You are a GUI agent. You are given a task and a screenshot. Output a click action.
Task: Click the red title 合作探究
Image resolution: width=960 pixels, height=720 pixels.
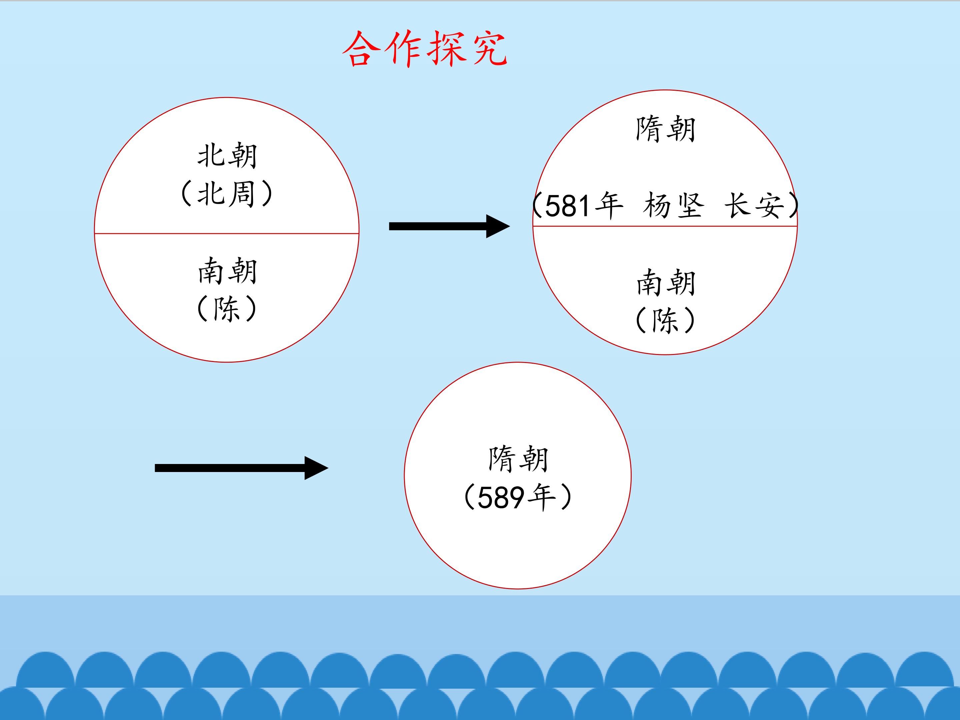click(x=424, y=49)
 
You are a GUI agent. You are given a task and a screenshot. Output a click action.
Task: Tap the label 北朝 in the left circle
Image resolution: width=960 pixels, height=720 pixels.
click(x=227, y=155)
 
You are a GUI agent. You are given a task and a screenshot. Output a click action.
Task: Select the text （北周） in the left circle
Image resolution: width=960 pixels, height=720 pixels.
click(x=227, y=194)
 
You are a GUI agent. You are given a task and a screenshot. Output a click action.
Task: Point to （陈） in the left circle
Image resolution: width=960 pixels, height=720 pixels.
click(x=227, y=309)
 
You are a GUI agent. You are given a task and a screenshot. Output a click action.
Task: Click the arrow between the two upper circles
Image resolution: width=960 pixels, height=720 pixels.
click(x=449, y=226)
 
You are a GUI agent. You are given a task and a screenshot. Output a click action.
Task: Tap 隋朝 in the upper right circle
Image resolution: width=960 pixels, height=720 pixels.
click(x=665, y=129)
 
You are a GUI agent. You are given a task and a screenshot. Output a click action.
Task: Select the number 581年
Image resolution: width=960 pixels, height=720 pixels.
click(x=584, y=206)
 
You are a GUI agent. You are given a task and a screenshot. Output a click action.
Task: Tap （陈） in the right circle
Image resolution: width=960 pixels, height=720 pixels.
click(x=665, y=320)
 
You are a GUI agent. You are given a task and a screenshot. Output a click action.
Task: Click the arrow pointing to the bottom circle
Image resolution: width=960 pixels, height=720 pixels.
click(x=241, y=468)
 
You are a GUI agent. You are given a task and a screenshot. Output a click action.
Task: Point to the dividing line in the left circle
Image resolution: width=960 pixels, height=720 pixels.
click(x=227, y=233)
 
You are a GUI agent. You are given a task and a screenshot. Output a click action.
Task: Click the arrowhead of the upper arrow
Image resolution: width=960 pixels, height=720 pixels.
click(x=498, y=226)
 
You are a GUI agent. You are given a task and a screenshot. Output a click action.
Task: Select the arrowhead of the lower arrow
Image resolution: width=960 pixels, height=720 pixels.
click(x=316, y=468)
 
